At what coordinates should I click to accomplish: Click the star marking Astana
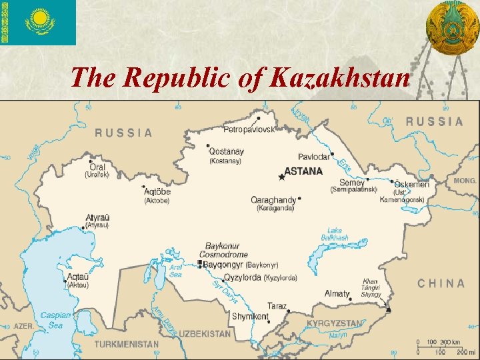point(281,177)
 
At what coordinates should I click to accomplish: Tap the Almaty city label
point(337,293)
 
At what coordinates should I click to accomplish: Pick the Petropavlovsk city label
point(249,129)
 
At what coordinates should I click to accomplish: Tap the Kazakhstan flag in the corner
point(38,23)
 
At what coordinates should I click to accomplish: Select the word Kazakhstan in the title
point(341,79)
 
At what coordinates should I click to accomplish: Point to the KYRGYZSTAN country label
point(335,323)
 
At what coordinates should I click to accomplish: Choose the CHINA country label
point(441,283)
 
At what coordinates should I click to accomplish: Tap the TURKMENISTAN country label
point(127,345)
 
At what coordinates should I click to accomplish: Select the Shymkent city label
point(250,317)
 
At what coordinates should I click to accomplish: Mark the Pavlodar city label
point(313,157)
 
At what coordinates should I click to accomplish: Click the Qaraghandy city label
point(273,200)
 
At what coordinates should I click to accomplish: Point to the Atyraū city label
point(98,217)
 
